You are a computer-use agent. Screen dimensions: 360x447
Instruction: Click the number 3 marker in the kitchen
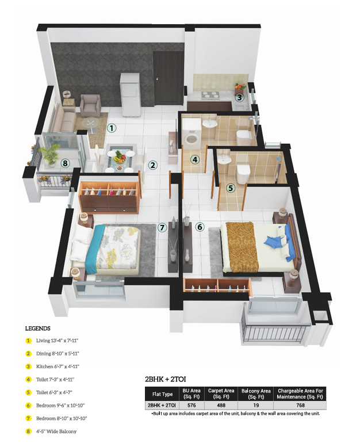[239, 97]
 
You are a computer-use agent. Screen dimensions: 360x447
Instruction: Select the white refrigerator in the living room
[131, 95]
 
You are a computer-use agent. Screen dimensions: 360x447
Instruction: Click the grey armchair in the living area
[90, 106]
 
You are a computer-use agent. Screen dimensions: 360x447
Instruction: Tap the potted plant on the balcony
[51, 154]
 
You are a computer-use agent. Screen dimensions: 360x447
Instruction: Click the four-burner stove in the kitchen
[210, 95]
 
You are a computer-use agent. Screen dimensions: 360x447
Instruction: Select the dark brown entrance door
[168, 78]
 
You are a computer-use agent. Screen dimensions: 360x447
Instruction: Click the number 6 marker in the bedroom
[200, 227]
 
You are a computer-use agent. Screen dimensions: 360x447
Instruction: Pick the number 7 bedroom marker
[162, 227]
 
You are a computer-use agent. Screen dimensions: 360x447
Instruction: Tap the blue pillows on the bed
[278, 240]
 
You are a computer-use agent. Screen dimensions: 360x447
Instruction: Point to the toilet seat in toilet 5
[243, 173]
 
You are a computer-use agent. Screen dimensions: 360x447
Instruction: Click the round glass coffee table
[91, 124]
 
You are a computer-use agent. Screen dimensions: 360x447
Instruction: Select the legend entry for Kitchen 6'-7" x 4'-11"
[58, 366]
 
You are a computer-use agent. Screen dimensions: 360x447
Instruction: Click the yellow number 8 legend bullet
[28, 431]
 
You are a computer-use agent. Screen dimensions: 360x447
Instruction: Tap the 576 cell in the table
[192, 405]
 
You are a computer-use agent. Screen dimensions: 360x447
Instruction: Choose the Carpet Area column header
[221, 393]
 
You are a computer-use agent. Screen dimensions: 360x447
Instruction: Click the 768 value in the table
[300, 405]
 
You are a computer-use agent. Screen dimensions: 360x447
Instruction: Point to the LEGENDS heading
[37, 328]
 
